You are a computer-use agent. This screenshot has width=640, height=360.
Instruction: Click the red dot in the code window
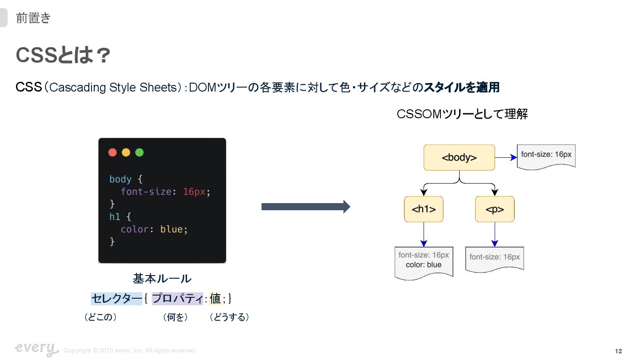[112, 152]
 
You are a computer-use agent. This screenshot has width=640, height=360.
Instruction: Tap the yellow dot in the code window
[126, 152]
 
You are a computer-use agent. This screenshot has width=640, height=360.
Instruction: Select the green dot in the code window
[139, 152]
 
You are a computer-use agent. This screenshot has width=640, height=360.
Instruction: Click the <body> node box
[459, 157]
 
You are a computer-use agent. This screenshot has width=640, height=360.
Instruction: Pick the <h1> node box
[424, 209]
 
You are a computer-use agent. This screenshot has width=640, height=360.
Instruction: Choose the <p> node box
[495, 209]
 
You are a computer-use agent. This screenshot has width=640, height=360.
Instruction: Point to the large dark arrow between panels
[306, 207]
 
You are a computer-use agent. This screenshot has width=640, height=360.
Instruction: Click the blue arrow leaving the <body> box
[506, 157]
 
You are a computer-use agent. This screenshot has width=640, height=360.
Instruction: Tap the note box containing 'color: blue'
[424, 262]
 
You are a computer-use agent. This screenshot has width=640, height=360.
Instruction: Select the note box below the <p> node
[495, 258]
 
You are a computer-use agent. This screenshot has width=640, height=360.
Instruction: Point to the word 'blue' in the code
[172, 229]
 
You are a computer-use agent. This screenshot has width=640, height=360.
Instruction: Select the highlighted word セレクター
[116, 299]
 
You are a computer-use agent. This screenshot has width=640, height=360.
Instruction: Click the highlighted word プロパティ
[177, 299]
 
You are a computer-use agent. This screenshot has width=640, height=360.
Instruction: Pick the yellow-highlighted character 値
[215, 299]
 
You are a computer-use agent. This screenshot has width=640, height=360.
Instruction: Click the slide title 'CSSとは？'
[63, 56]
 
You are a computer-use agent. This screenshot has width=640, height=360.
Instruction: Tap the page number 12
[618, 352]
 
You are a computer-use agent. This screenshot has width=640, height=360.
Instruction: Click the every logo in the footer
[36, 349]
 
